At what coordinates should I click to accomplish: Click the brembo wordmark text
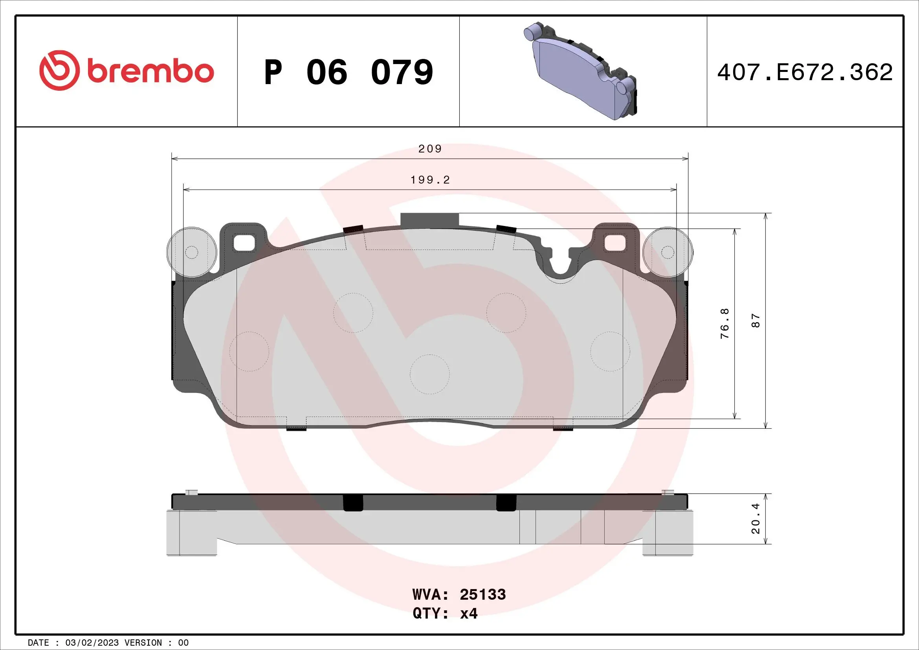click(150, 72)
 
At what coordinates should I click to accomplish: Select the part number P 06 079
click(348, 72)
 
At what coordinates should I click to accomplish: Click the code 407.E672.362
click(805, 72)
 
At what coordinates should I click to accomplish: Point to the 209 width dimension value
click(429, 149)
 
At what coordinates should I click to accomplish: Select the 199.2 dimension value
click(430, 180)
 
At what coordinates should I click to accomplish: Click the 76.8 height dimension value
click(725, 323)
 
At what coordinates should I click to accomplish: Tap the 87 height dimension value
click(755, 321)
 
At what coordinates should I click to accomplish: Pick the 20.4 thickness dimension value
click(755, 518)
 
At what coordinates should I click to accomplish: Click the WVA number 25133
click(482, 595)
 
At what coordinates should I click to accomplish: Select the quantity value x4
click(468, 613)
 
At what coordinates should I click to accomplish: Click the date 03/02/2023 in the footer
click(92, 643)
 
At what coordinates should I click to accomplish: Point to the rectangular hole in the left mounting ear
click(244, 242)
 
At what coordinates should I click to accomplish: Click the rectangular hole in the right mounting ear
click(615, 242)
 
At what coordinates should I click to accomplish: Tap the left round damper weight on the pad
click(191, 252)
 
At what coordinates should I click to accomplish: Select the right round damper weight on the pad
click(668, 252)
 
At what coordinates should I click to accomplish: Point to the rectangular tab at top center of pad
click(429, 220)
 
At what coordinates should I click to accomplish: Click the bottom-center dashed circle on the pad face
click(429, 374)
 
